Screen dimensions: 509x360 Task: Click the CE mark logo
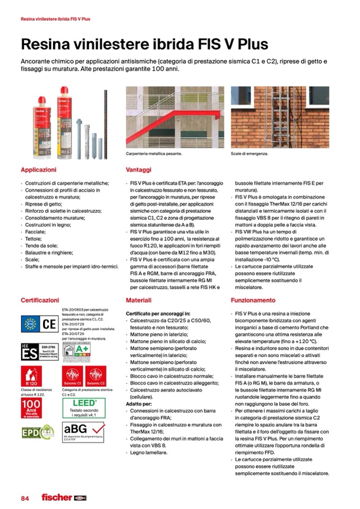point(48,323)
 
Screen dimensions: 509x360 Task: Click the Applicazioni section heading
point(38,170)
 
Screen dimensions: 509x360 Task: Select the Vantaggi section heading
point(139,170)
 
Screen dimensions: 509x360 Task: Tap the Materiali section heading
point(139,300)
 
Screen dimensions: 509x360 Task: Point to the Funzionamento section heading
point(253,300)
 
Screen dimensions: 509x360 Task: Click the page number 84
point(25,497)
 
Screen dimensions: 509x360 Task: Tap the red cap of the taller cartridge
point(65,91)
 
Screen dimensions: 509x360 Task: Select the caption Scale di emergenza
point(249,154)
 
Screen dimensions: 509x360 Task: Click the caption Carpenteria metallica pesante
point(154,154)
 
